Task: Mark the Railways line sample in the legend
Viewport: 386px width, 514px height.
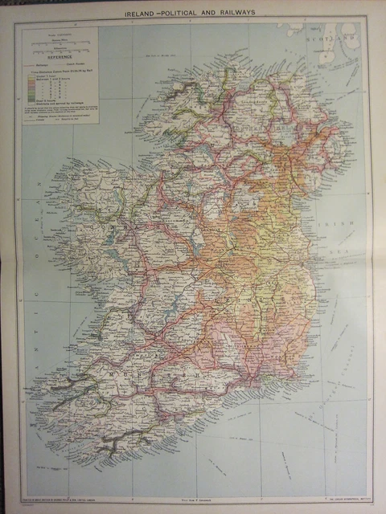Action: (x=37, y=65)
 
